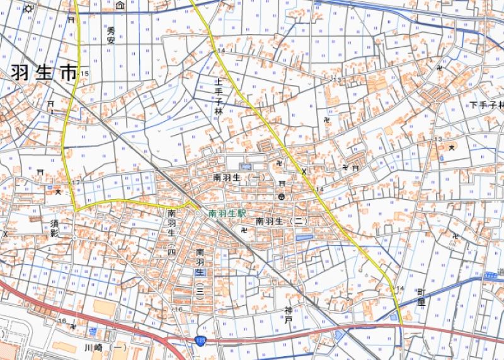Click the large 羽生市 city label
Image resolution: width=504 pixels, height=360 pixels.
point(41,74)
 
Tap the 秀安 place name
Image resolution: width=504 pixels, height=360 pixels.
point(112,35)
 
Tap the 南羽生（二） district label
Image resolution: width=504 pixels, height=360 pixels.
point(281,221)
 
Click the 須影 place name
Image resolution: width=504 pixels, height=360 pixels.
point(55,228)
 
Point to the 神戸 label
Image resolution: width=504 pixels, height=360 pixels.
point(288,315)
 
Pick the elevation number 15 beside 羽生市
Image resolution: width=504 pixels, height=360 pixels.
point(84,74)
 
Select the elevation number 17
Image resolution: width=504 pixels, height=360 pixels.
point(76,183)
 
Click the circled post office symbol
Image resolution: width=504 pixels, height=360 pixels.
point(282,197)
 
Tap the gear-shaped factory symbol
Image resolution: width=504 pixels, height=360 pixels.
point(29,9)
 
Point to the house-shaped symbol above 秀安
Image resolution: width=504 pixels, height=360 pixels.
point(120,6)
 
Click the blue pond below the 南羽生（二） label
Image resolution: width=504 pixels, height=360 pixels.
point(304,237)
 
